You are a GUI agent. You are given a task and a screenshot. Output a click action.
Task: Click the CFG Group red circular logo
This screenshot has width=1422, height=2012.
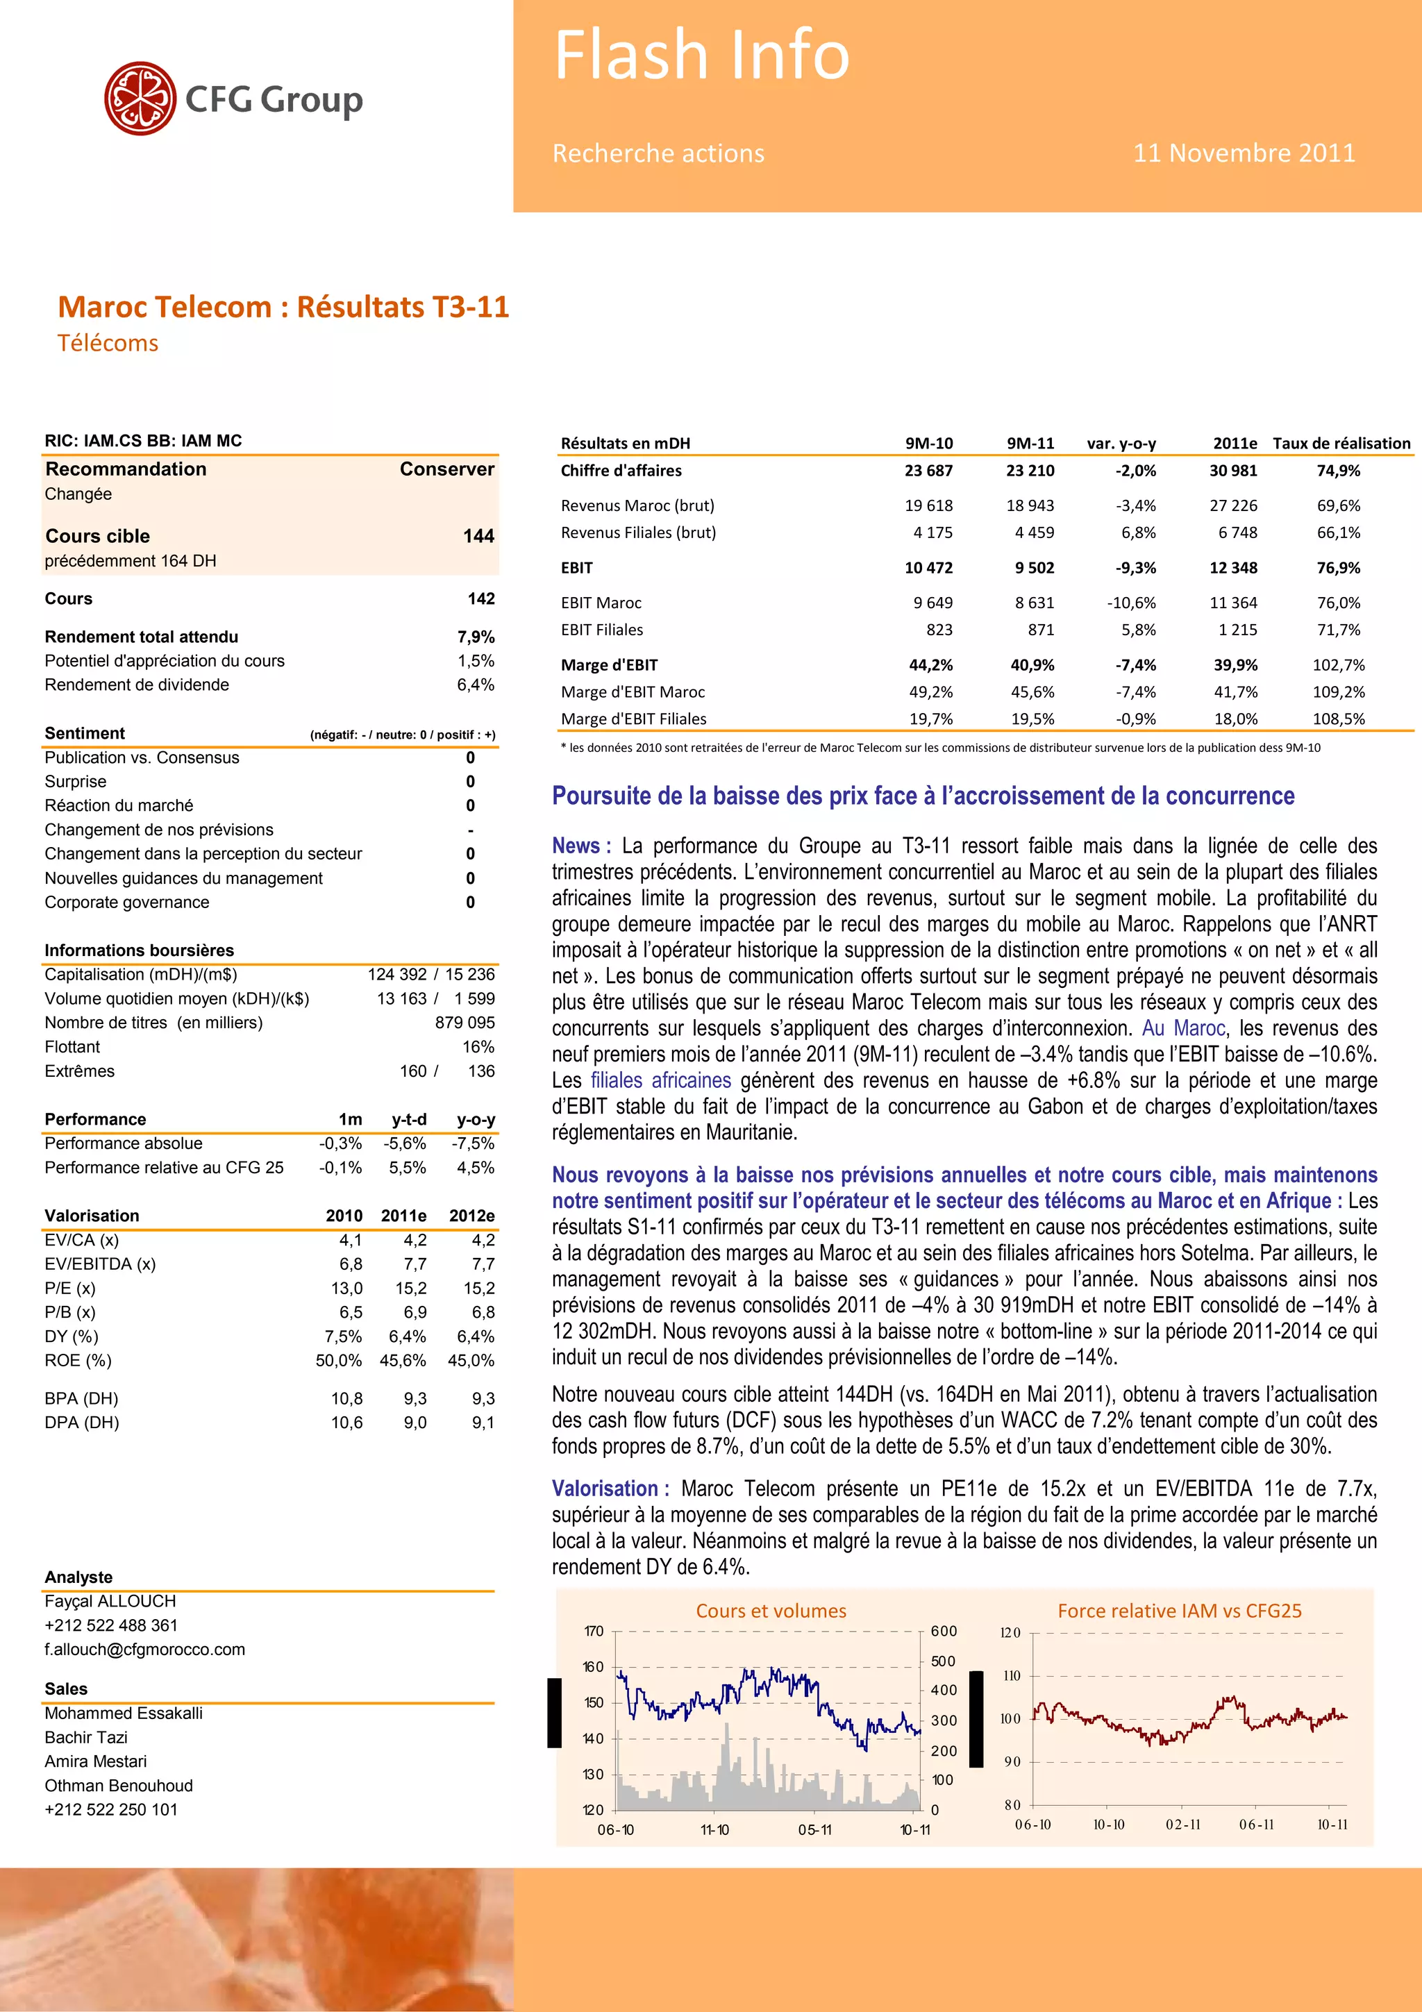coord(140,98)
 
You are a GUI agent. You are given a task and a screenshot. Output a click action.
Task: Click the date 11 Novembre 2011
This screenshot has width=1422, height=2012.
coord(1244,153)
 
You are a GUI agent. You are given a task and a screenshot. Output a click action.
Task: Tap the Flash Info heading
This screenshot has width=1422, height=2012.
coord(702,56)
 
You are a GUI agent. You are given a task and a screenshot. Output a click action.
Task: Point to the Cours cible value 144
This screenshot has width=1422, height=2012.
coord(478,536)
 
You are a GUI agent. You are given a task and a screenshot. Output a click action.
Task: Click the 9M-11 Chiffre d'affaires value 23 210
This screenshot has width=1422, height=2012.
coord(1030,471)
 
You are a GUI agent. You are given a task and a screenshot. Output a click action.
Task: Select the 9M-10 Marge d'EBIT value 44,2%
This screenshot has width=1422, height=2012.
coord(930,665)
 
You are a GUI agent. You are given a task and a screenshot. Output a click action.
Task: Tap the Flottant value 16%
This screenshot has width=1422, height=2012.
coord(478,1047)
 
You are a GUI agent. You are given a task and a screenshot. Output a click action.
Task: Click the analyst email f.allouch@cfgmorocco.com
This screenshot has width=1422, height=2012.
coord(144,1649)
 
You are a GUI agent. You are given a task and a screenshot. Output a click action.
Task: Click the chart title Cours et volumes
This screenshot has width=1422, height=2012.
coord(771,1611)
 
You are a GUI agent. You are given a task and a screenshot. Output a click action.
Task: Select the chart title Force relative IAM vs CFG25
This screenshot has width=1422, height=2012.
coord(1179,1611)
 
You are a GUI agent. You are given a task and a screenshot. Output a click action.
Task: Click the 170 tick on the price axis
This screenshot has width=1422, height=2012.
coord(594,1632)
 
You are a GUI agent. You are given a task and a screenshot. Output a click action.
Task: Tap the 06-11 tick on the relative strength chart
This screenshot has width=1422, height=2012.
coord(1257,1825)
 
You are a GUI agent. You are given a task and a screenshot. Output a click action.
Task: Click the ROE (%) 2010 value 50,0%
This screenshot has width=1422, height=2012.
coord(338,1361)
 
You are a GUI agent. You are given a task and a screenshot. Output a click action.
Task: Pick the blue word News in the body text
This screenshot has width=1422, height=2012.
coord(576,846)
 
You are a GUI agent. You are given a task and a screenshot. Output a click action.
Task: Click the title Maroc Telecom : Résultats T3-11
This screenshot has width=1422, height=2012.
coord(283,308)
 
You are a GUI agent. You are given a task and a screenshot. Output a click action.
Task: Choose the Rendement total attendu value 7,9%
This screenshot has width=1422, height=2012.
coord(476,637)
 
